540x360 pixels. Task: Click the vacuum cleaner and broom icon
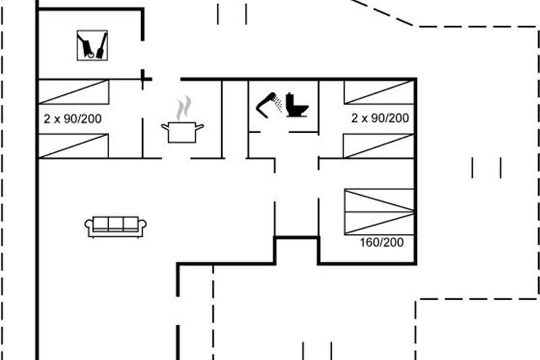(92, 45)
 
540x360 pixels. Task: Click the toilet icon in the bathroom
(297, 105)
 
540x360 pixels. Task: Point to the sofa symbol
(116, 227)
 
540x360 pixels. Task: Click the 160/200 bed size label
(382, 243)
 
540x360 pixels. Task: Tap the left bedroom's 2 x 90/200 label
(72, 119)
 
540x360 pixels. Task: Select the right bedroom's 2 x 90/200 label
(380, 118)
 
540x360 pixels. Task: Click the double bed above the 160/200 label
(379, 211)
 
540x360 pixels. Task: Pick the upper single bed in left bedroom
(74, 92)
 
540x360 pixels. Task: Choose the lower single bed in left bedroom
(73, 146)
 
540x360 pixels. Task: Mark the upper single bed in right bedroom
(379, 92)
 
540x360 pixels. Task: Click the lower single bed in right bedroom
(379, 146)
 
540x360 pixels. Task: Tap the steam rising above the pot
(184, 108)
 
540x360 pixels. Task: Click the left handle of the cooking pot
(165, 127)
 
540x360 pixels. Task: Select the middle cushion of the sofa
(116, 224)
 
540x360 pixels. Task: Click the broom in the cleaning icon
(102, 45)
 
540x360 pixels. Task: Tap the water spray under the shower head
(279, 104)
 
